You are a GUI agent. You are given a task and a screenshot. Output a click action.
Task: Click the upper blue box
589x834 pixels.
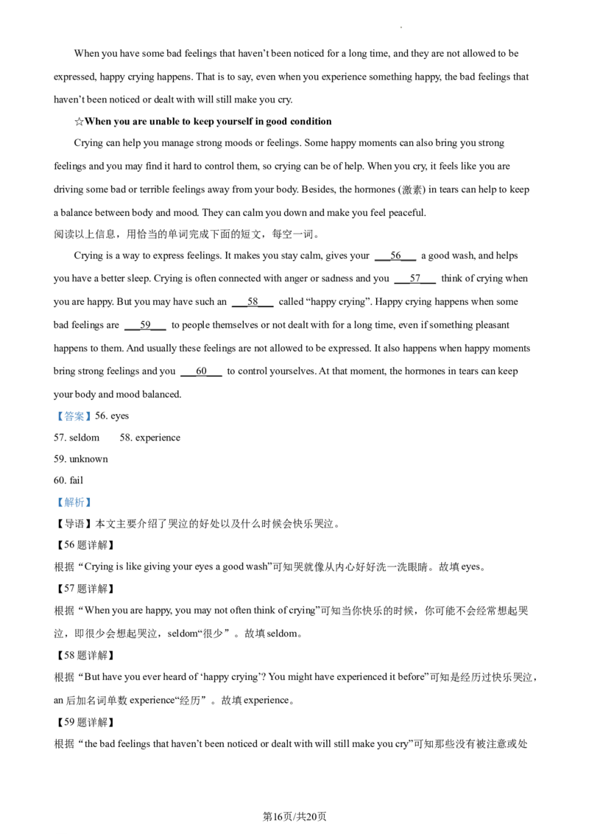[x=74, y=416]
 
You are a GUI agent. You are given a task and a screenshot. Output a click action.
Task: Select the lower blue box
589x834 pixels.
[x=74, y=503]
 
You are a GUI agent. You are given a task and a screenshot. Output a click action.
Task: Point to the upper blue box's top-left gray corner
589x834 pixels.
[x=54, y=408]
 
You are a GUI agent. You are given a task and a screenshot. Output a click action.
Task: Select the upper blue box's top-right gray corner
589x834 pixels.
[x=93, y=408]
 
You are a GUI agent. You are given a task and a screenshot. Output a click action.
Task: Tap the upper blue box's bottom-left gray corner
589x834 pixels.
[x=54, y=423]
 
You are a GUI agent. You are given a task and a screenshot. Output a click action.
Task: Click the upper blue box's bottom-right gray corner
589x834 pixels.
[x=93, y=423]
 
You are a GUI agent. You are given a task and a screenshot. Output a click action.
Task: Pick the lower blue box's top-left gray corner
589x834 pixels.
[x=54, y=497]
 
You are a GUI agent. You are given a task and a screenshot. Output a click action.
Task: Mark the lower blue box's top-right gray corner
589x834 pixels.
[x=93, y=497]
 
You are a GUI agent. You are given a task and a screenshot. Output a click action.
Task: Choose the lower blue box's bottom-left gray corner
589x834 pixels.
[x=54, y=511]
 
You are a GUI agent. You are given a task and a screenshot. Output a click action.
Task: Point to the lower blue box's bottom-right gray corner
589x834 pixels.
[x=93, y=511]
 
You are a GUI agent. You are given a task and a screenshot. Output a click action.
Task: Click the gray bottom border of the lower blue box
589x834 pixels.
[x=74, y=511]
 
